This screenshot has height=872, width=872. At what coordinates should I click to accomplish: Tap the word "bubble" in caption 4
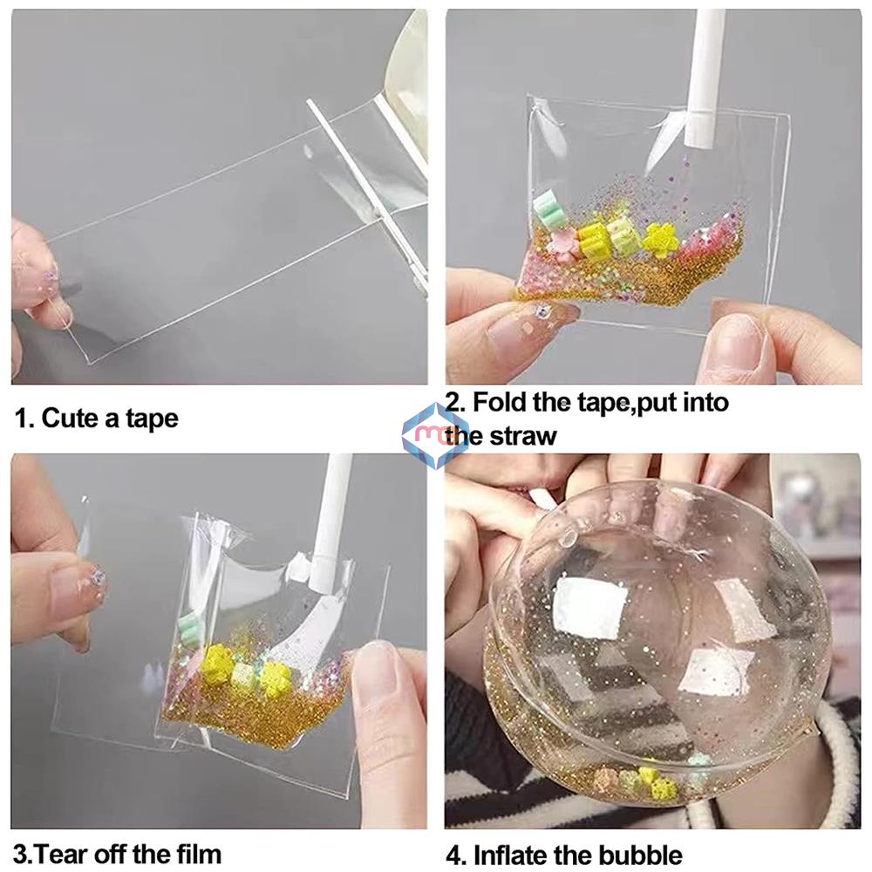640,854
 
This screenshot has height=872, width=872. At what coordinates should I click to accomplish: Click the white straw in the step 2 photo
705,78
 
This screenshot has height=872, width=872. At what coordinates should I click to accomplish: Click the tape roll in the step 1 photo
410,87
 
